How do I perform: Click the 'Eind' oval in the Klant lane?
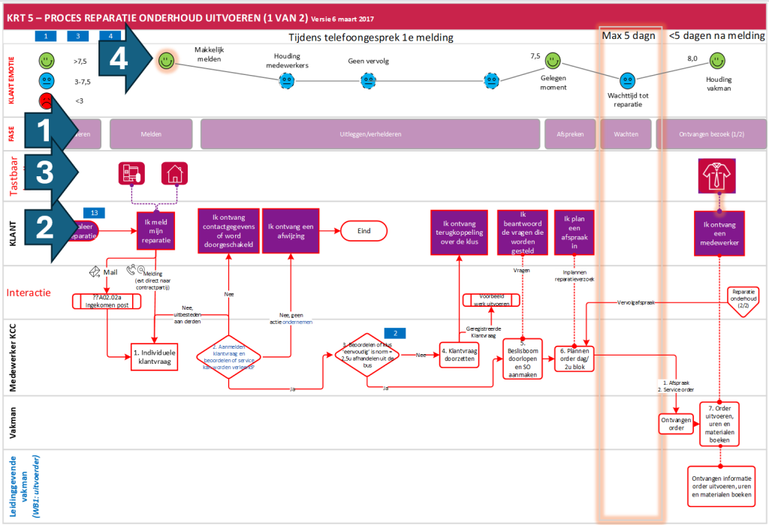tap(363, 231)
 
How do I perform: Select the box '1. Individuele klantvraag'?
tap(155, 357)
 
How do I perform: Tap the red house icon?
tap(175, 174)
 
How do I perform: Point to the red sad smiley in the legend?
tap(46, 100)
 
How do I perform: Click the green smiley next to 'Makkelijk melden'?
tap(166, 61)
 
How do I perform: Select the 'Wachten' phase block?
tap(627, 133)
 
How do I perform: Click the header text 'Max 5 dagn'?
tap(629, 36)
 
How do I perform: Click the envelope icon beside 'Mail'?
tap(95, 271)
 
